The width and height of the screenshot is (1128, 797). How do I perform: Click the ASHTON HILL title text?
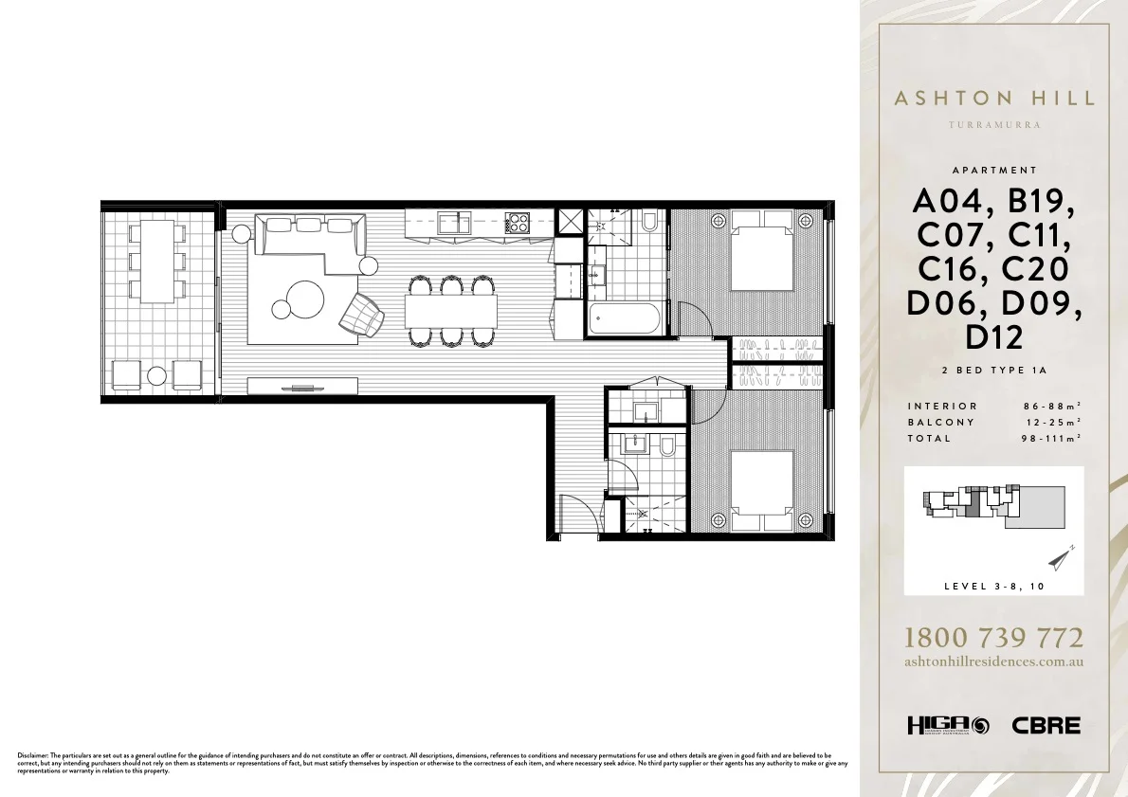[994, 98]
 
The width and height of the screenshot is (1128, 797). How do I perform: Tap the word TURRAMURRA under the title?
[994, 125]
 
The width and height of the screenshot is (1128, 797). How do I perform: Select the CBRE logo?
[1046, 726]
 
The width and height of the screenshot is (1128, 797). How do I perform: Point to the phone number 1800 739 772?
[994, 638]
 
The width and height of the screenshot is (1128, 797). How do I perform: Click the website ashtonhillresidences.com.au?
[994, 662]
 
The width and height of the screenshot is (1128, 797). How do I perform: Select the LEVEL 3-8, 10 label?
[994, 587]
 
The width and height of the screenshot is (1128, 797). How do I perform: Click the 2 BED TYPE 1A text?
[994, 372]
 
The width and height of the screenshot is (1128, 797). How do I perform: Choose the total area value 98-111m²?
[1046, 438]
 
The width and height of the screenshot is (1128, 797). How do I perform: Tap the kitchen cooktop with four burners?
[518, 224]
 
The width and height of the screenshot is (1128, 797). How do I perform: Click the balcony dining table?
[157, 261]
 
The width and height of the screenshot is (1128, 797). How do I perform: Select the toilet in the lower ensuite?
[666, 445]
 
